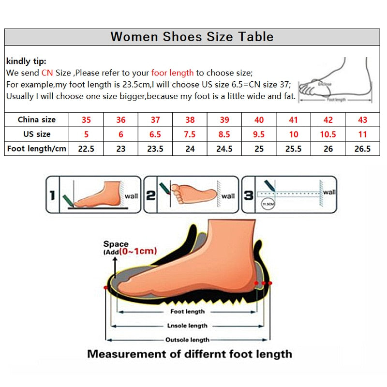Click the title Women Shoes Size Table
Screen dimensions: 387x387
[192, 37]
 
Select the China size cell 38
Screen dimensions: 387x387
[190, 119]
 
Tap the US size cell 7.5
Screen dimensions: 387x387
[190, 134]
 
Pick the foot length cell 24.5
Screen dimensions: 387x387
[224, 149]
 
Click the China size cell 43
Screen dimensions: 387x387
[362, 119]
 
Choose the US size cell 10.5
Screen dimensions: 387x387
[328, 134]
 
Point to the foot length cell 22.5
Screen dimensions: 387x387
[86, 149]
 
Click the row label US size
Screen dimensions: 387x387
[37, 134]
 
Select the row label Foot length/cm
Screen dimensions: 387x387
[37, 149]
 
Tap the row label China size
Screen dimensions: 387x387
[37, 119]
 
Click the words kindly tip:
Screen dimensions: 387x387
[26, 61]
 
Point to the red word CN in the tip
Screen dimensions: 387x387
[47, 73]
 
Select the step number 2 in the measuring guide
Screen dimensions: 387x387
[151, 195]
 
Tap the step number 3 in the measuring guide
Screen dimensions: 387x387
[249, 195]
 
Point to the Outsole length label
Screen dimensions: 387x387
[187, 340]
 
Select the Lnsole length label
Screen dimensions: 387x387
[187, 326]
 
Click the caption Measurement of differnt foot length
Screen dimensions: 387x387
[190, 354]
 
